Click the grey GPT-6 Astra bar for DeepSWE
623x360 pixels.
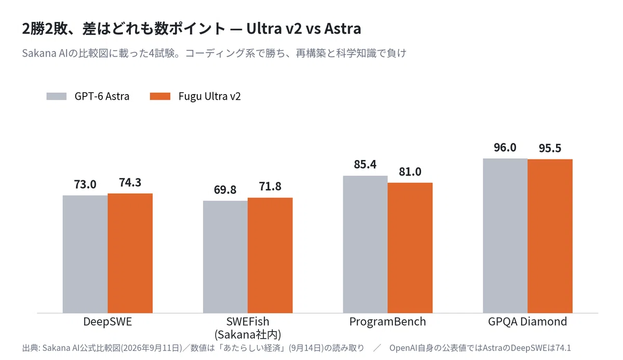(x=85, y=254)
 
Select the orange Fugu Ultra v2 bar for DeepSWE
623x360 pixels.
(x=130, y=253)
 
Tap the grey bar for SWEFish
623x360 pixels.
(x=225, y=257)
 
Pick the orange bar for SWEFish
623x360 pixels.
(x=270, y=256)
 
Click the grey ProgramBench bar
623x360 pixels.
(x=365, y=244)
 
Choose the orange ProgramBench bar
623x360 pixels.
(x=410, y=248)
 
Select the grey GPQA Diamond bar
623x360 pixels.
(x=505, y=236)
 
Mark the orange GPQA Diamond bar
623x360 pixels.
(x=550, y=236)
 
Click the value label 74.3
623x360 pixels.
(x=130, y=182)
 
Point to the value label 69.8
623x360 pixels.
(x=225, y=190)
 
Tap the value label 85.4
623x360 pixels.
(x=365, y=165)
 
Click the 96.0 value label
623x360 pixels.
(x=505, y=148)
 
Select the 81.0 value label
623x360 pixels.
(x=410, y=171)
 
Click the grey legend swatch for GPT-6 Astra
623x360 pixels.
(x=57, y=96)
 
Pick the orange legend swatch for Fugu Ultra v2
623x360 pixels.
(x=160, y=96)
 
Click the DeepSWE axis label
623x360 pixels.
(x=107, y=322)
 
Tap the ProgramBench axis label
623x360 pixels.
(x=388, y=322)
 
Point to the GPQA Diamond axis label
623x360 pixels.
(x=527, y=322)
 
